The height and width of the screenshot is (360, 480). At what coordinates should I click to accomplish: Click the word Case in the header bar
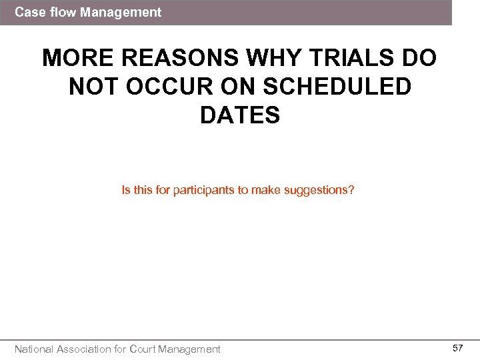point(28,12)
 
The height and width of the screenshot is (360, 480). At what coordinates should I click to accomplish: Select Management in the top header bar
point(121,12)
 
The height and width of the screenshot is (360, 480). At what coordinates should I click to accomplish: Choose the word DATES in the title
point(239,115)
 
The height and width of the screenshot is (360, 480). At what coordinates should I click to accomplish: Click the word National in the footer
point(34,349)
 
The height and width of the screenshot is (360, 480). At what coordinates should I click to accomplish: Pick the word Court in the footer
point(143,349)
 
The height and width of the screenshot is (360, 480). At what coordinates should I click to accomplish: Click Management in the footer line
point(189,349)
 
